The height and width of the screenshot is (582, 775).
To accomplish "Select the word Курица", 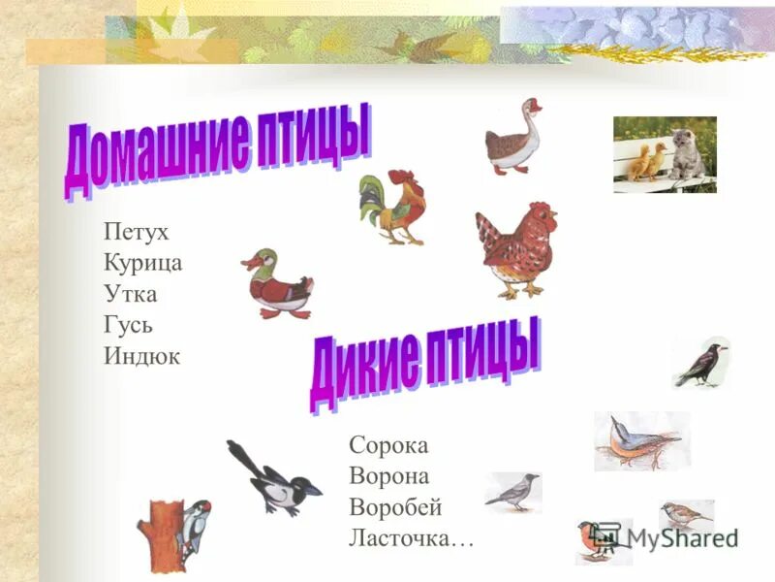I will coord(142,263).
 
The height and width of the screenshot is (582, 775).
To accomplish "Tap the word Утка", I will coord(129,294).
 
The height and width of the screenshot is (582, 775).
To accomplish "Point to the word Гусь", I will coord(128,325).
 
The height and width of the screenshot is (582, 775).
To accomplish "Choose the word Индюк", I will coord(141,356).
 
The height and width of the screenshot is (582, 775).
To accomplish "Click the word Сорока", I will coord(387,445).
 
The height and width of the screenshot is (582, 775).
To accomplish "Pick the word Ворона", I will coord(388,476).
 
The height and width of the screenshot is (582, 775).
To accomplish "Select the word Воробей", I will coord(395,507).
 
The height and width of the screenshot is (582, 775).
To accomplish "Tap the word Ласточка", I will coord(411,538).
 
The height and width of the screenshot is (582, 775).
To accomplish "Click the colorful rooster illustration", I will coord(391,206).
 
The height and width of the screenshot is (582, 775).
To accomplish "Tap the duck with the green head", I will coord(278,283).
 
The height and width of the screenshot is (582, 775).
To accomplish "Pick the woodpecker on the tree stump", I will coord(196,524).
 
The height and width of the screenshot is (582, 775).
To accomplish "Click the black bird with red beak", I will coord(702,365).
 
